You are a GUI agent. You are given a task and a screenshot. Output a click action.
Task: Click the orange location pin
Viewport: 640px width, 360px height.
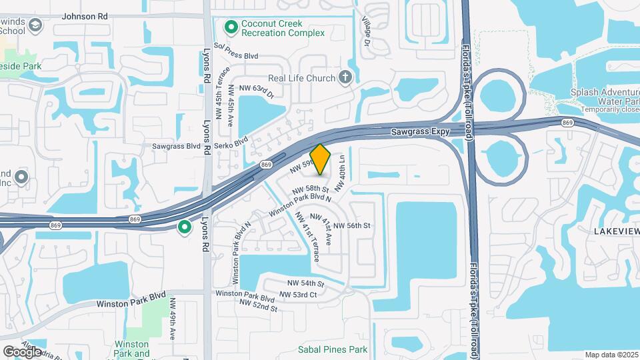tap(321, 159)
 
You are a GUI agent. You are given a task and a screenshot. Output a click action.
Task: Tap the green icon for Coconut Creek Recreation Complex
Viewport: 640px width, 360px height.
tap(231, 27)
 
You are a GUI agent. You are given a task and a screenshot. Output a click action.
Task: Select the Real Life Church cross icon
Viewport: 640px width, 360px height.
tap(345, 78)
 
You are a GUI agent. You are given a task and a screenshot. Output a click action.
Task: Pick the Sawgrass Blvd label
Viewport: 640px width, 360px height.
tap(177, 145)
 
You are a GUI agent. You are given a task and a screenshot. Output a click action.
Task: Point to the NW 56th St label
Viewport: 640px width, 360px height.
tap(351, 226)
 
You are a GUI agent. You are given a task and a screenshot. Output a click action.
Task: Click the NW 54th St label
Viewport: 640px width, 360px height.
tap(305, 284)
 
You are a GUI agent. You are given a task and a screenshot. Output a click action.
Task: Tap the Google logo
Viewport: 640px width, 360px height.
tap(22, 351)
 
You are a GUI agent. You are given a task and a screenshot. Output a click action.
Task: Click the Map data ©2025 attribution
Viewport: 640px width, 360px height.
tap(611, 355)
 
